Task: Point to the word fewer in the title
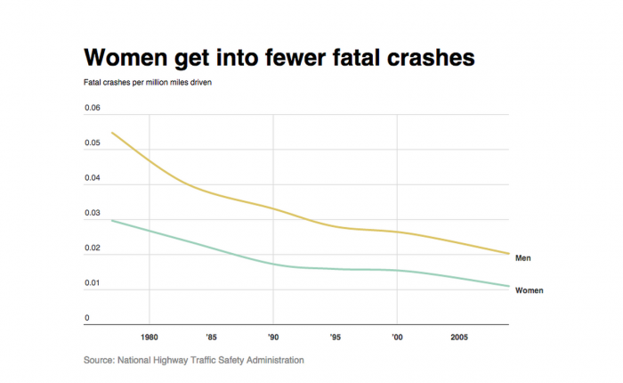tap(287, 58)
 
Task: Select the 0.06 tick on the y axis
tap(93, 109)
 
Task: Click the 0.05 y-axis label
tap(93, 143)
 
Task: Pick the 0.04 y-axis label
tap(93, 178)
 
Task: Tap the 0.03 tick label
tap(93, 214)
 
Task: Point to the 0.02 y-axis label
tap(93, 249)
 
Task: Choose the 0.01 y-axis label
tap(93, 283)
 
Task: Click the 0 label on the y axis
tap(87, 318)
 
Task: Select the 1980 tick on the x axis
tap(149, 338)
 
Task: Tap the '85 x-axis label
tap(211, 338)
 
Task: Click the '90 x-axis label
tap(272, 338)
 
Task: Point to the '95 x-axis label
tap(335, 338)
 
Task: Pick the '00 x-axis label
tap(396, 338)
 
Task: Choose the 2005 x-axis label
tap(458, 338)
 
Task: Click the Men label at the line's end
tap(523, 258)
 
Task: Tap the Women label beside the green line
tap(530, 290)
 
